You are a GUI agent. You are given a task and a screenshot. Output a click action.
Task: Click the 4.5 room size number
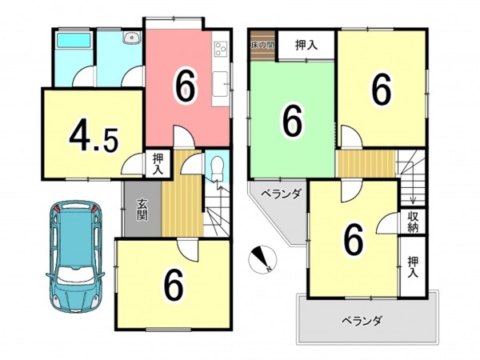click(94, 137)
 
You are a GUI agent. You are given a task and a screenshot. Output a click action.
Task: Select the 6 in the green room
click(293, 121)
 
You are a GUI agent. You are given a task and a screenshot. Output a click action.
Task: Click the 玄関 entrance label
click(142, 209)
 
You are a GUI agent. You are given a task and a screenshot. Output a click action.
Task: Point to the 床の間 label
click(262, 45)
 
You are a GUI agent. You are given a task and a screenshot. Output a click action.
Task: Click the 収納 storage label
click(413, 221)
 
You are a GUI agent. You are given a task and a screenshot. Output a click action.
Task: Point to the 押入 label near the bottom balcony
click(413, 266)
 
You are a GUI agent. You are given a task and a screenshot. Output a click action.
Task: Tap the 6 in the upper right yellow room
click(382, 89)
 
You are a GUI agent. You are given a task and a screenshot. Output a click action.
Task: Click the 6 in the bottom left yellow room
click(173, 284)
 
